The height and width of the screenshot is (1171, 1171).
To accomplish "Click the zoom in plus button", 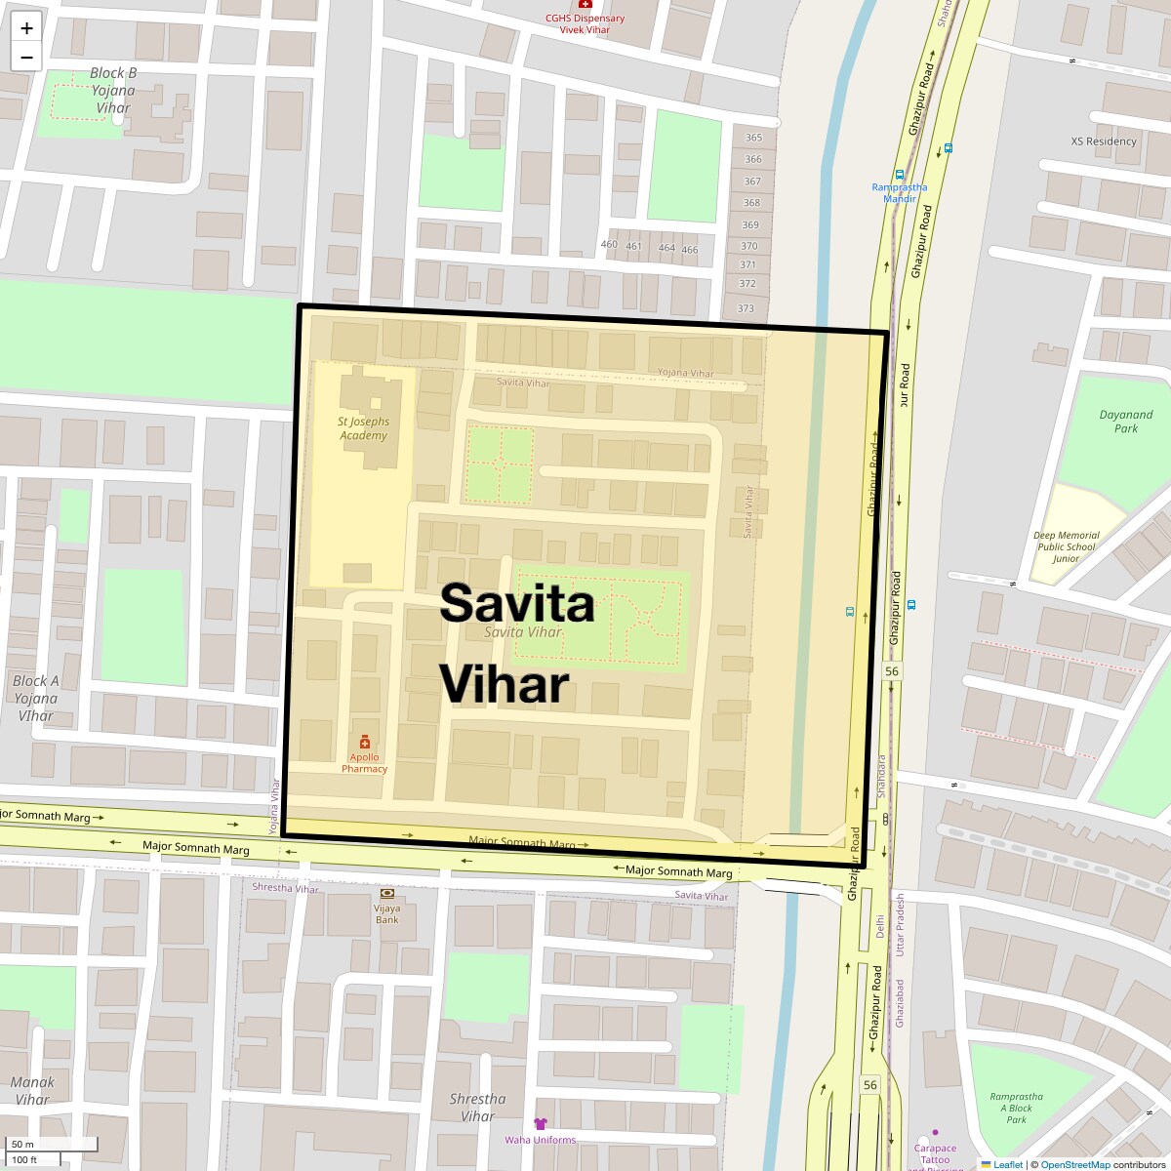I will click(x=26, y=28).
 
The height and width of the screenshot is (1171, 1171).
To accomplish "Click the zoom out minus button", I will click(x=26, y=57).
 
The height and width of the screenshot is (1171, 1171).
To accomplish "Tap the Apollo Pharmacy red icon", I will click(x=365, y=743).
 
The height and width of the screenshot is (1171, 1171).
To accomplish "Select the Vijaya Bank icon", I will click(x=387, y=894).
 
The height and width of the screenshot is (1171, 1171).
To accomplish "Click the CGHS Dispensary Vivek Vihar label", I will click(x=585, y=23).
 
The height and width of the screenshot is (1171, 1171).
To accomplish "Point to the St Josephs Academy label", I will click(x=364, y=428).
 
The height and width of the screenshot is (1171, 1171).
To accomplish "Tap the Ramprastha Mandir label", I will click(x=900, y=192).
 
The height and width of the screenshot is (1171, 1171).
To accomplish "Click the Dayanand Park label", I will click(x=1125, y=422).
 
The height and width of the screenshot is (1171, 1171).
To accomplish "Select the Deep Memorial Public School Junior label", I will click(x=1066, y=546).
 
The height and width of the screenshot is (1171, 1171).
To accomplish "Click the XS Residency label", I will click(x=1104, y=141).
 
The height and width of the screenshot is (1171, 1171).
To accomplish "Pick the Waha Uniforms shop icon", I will click(x=541, y=1124).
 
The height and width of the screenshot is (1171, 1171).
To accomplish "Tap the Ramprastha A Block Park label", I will click(x=1016, y=1108).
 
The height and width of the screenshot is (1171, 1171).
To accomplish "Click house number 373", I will click(x=746, y=308).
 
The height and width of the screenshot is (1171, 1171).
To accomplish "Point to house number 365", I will click(x=752, y=139).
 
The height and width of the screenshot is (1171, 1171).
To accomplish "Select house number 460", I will click(x=609, y=244).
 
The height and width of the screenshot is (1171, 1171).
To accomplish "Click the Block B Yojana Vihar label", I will click(x=113, y=90).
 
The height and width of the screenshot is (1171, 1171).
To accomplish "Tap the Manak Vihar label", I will click(x=32, y=1090).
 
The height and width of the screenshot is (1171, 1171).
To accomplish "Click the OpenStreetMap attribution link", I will click(x=1074, y=1164).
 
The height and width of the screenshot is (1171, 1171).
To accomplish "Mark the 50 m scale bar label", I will click(x=23, y=1144).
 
